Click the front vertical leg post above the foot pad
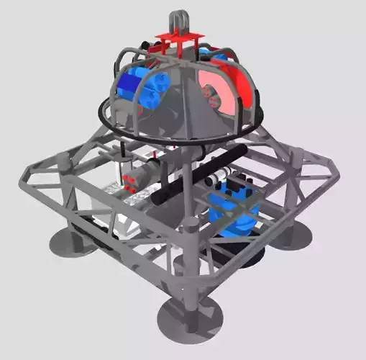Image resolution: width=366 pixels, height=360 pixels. [x=190, y=266]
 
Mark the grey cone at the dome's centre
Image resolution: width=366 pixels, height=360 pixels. [x=180, y=101]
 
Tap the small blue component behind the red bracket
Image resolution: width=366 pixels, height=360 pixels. [x=216, y=54]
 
